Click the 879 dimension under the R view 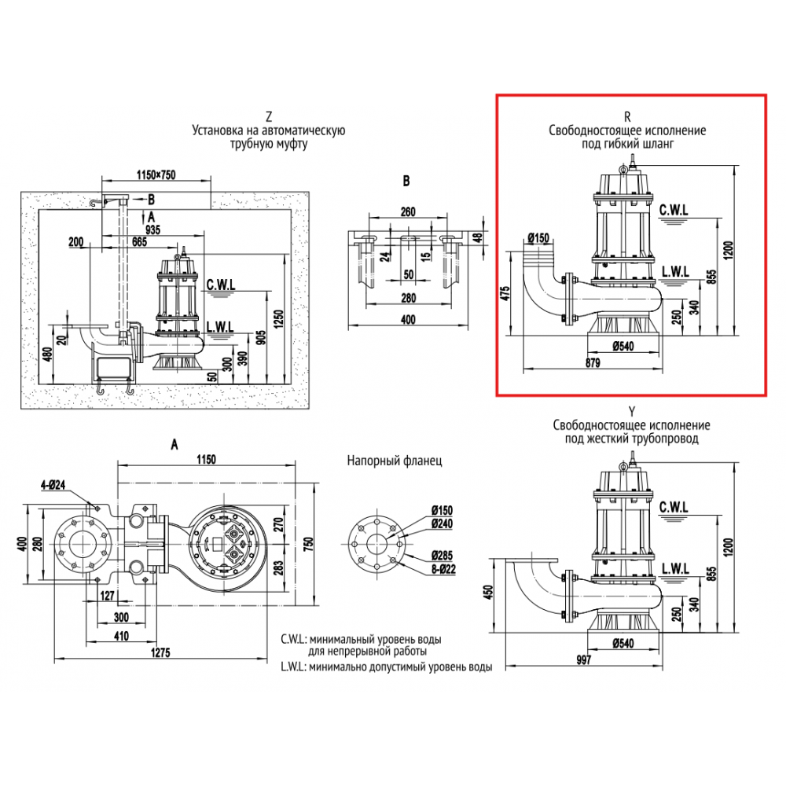coord(593,362)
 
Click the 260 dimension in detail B coord(407,211)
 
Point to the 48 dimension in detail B coord(477,237)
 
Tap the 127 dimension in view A coord(108,595)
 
